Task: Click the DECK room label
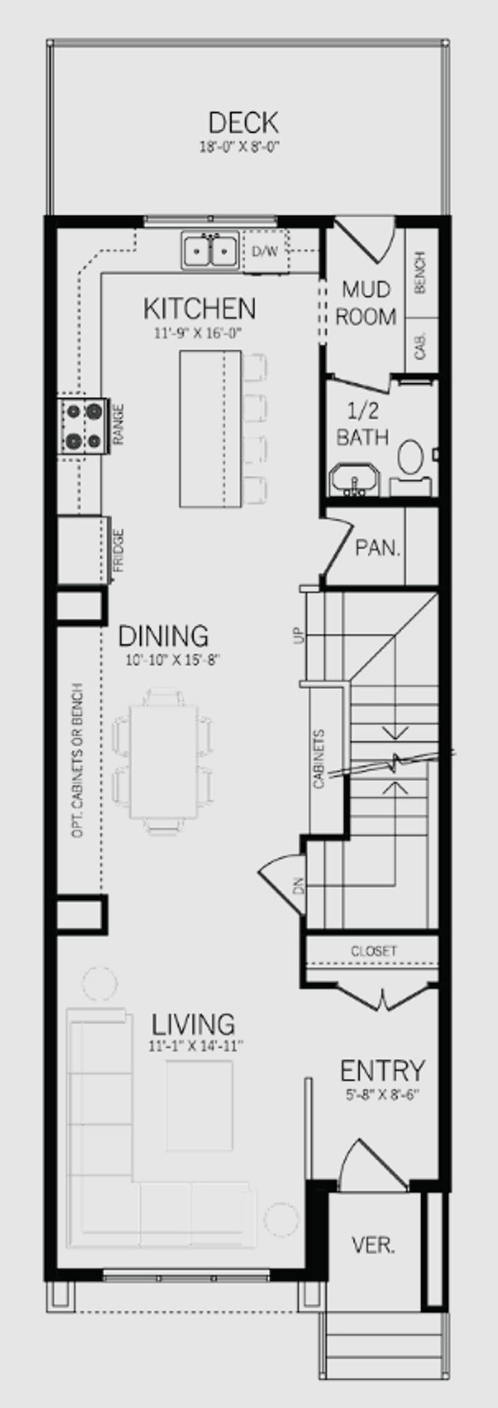[x=243, y=123]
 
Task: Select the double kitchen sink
[x=210, y=250]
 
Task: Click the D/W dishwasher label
[x=264, y=252]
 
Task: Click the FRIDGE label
[x=119, y=550]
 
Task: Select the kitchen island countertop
[x=210, y=428]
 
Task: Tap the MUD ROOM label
[x=367, y=303]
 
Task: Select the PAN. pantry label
[x=378, y=548]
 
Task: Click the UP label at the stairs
[x=298, y=635]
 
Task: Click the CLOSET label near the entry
[x=373, y=951]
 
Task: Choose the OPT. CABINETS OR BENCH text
[x=78, y=760]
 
